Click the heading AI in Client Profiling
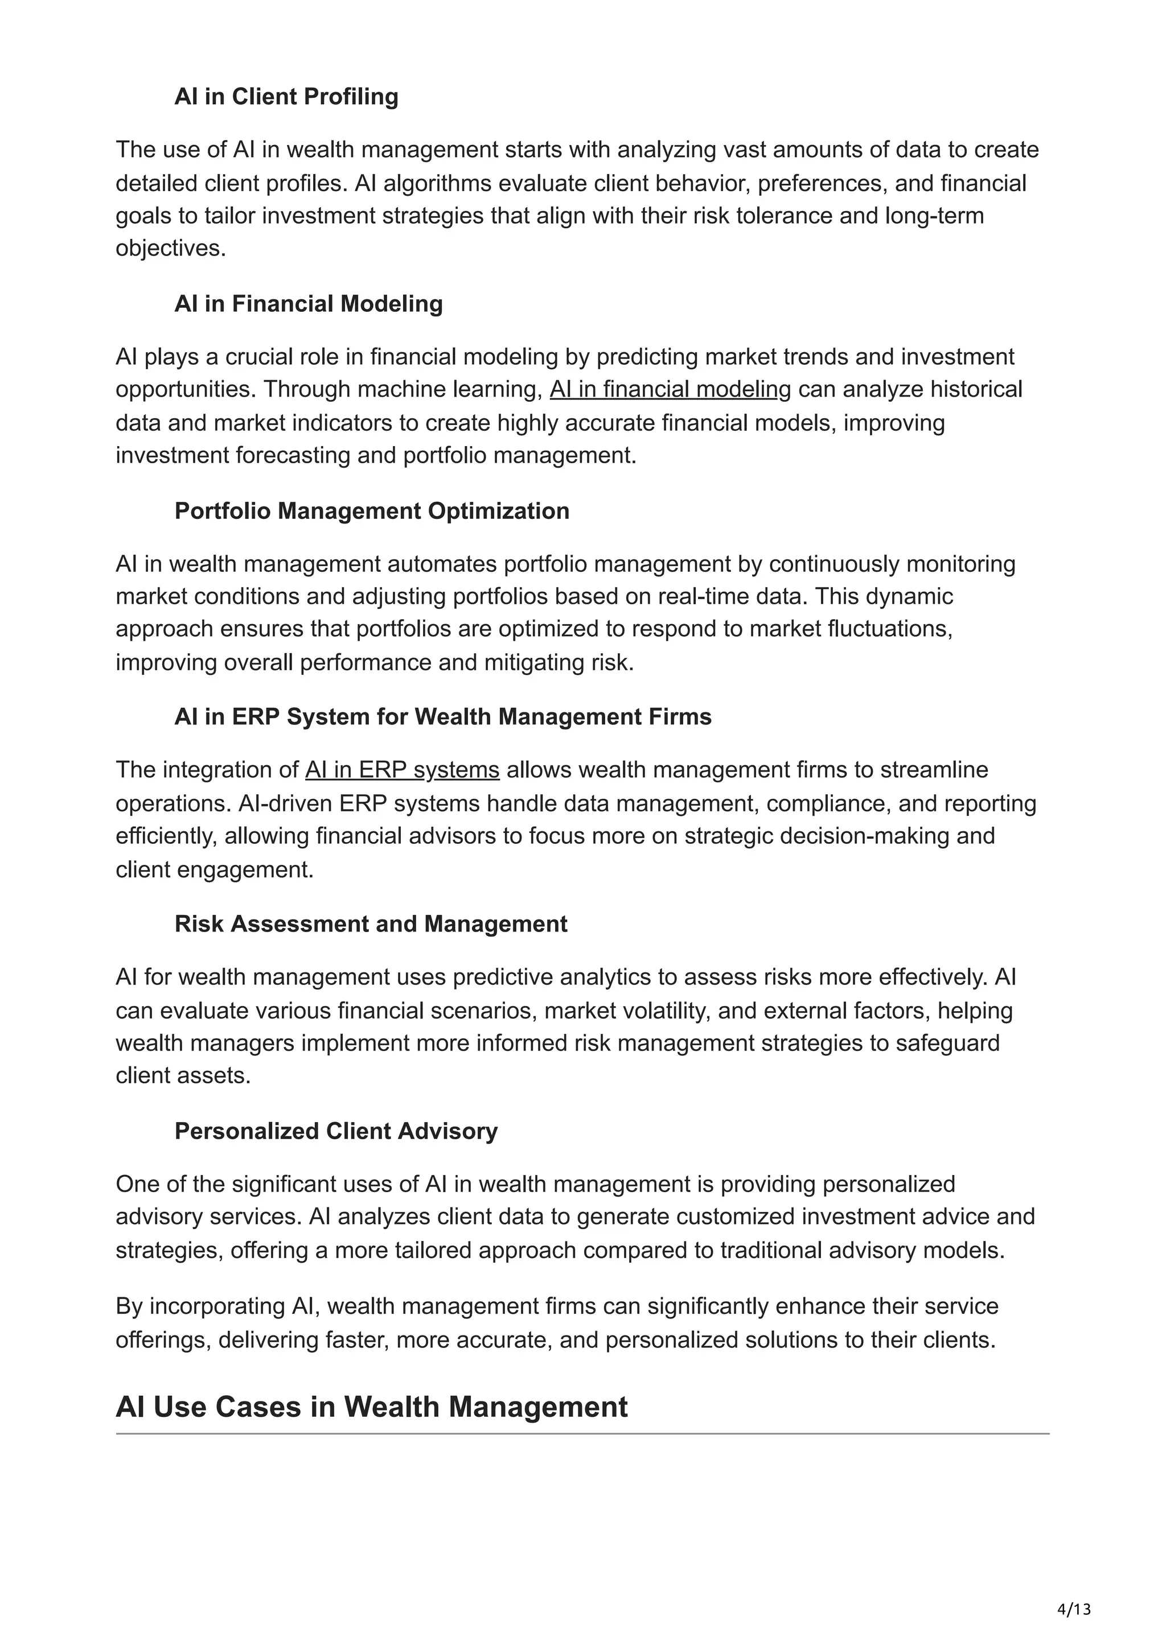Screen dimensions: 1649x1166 (x=286, y=96)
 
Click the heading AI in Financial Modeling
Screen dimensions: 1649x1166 (x=308, y=304)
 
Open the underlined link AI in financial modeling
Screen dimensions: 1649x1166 (x=670, y=389)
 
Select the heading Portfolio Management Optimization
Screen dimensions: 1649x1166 (x=371, y=510)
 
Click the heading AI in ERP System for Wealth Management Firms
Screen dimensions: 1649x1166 (x=442, y=717)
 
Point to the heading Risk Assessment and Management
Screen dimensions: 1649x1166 (x=371, y=924)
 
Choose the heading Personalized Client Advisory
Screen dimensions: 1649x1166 (x=335, y=1131)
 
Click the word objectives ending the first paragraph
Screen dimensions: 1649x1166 (x=170, y=249)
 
